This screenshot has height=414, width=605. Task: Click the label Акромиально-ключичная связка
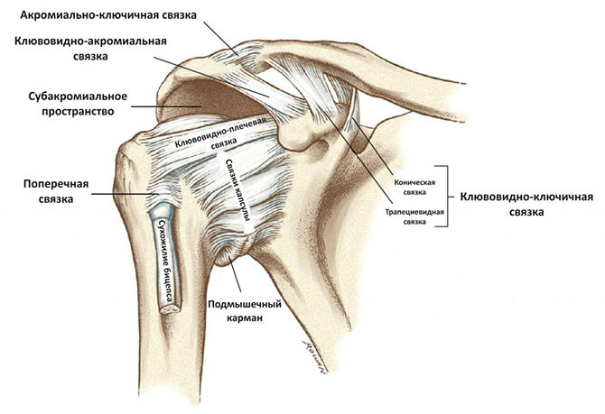[108, 15]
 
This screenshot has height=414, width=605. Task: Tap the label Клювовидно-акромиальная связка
[90, 49]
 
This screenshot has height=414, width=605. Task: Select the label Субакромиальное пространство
[78, 104]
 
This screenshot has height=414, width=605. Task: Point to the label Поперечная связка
[56, 191]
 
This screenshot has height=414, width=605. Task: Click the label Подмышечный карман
[245, 311]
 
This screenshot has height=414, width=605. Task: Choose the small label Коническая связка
[414, 188]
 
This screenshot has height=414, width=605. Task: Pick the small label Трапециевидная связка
[414, 217]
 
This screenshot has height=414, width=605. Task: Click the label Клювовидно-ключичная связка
[526, 205]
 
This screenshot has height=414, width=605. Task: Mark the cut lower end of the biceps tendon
[171, 308]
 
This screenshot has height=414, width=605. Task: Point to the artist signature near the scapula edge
[314, 357]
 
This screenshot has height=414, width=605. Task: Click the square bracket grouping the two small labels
[448, 197]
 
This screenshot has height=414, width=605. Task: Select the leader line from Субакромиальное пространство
[166, 106]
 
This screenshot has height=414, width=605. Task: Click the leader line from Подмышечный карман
[236, 275]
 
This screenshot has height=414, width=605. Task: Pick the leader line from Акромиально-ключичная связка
[221, 39]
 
